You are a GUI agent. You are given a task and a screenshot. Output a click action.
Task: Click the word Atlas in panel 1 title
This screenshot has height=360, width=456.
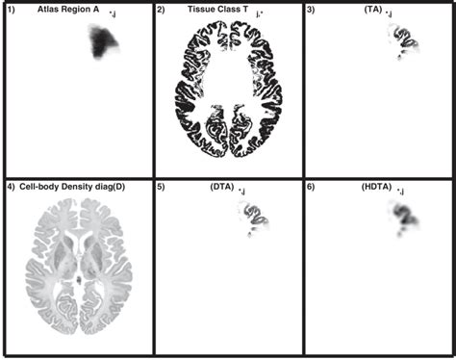(x=47, y=10)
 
